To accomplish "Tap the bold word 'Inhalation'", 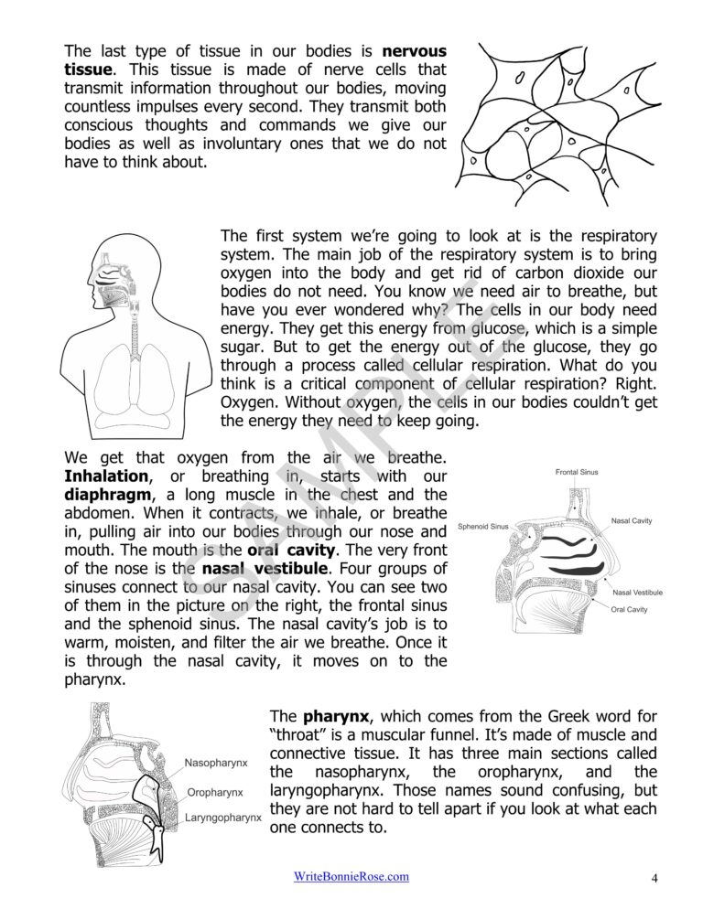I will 105,476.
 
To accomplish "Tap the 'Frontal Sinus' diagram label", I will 577,472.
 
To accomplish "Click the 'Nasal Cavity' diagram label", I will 632,520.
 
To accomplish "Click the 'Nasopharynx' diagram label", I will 216,762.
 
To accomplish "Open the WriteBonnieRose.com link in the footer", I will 351,876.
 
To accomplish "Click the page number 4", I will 654,878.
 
